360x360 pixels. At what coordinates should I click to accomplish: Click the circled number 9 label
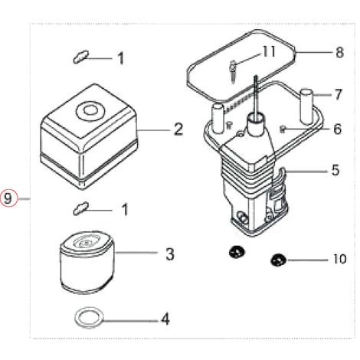8,198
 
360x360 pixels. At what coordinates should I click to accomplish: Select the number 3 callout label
171,254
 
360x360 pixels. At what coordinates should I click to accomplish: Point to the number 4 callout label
164,318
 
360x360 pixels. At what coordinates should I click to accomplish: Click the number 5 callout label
335,170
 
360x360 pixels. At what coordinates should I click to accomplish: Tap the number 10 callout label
339,259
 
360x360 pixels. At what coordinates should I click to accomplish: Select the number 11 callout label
267,51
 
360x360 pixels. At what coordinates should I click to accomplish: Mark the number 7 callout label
338,95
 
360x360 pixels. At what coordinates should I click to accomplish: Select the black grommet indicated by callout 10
278,260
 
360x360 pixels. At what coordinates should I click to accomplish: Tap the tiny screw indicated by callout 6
283,128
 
